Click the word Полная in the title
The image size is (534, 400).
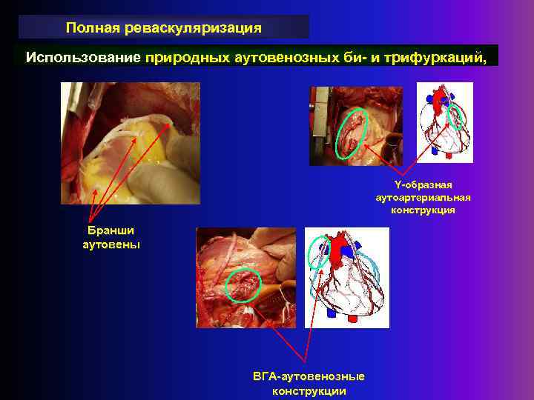(x=88, y=28)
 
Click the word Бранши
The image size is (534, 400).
(x=111, y=231)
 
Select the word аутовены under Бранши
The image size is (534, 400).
(x=111, y=244)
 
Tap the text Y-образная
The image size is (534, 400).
(x=423, y=184)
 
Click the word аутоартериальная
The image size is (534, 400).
(x=423, y=197)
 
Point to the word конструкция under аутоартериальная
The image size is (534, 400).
(x=423, y=210)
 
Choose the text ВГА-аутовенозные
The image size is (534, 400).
(x=309, y=377)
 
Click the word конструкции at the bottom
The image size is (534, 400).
(x=309, y=390)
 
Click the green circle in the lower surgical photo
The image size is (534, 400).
(x=243, y=285)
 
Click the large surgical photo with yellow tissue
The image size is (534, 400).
(x=130, y=142)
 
